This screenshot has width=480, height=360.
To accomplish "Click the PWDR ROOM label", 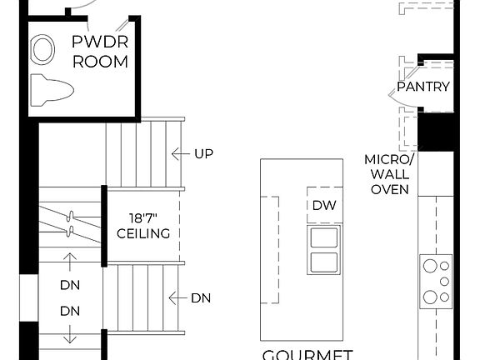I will (x=100, y=51).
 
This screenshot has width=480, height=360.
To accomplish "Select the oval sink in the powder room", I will (x=41, y=50).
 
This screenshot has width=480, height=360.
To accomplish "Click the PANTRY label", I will (x=422, y=86).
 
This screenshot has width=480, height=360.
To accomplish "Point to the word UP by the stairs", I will (x=203, y=153).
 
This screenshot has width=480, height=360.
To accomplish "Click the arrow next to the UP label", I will (x=177, y=153).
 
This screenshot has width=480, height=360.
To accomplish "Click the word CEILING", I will (x=143, y=233).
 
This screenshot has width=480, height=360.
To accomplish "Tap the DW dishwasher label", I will (x=323, y=205).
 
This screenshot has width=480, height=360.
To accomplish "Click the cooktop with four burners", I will (x=436, y=282).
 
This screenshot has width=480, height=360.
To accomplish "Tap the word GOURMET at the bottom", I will (x=307, y=354).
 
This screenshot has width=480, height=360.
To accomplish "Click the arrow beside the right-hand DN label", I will (x=176, y=297).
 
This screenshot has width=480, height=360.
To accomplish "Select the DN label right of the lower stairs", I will (x=201, y=297).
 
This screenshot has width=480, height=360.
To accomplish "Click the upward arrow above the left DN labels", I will (x=69, y=261).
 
